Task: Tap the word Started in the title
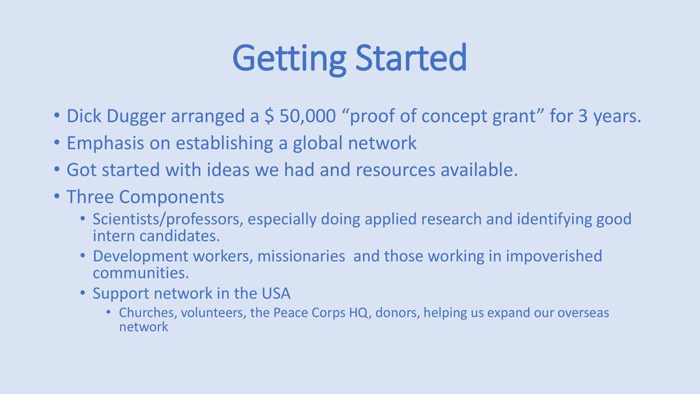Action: point(411,57)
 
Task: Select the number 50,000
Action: point(308,116)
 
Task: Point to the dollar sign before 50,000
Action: point(269,116)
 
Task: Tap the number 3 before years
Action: point(583,116)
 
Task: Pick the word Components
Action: point(172,198)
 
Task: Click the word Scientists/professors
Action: point(168,220)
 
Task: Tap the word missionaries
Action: point(301,256)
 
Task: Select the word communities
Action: point(141,272)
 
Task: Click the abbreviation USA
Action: point(276,293)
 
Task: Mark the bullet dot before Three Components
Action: point(56,196)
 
